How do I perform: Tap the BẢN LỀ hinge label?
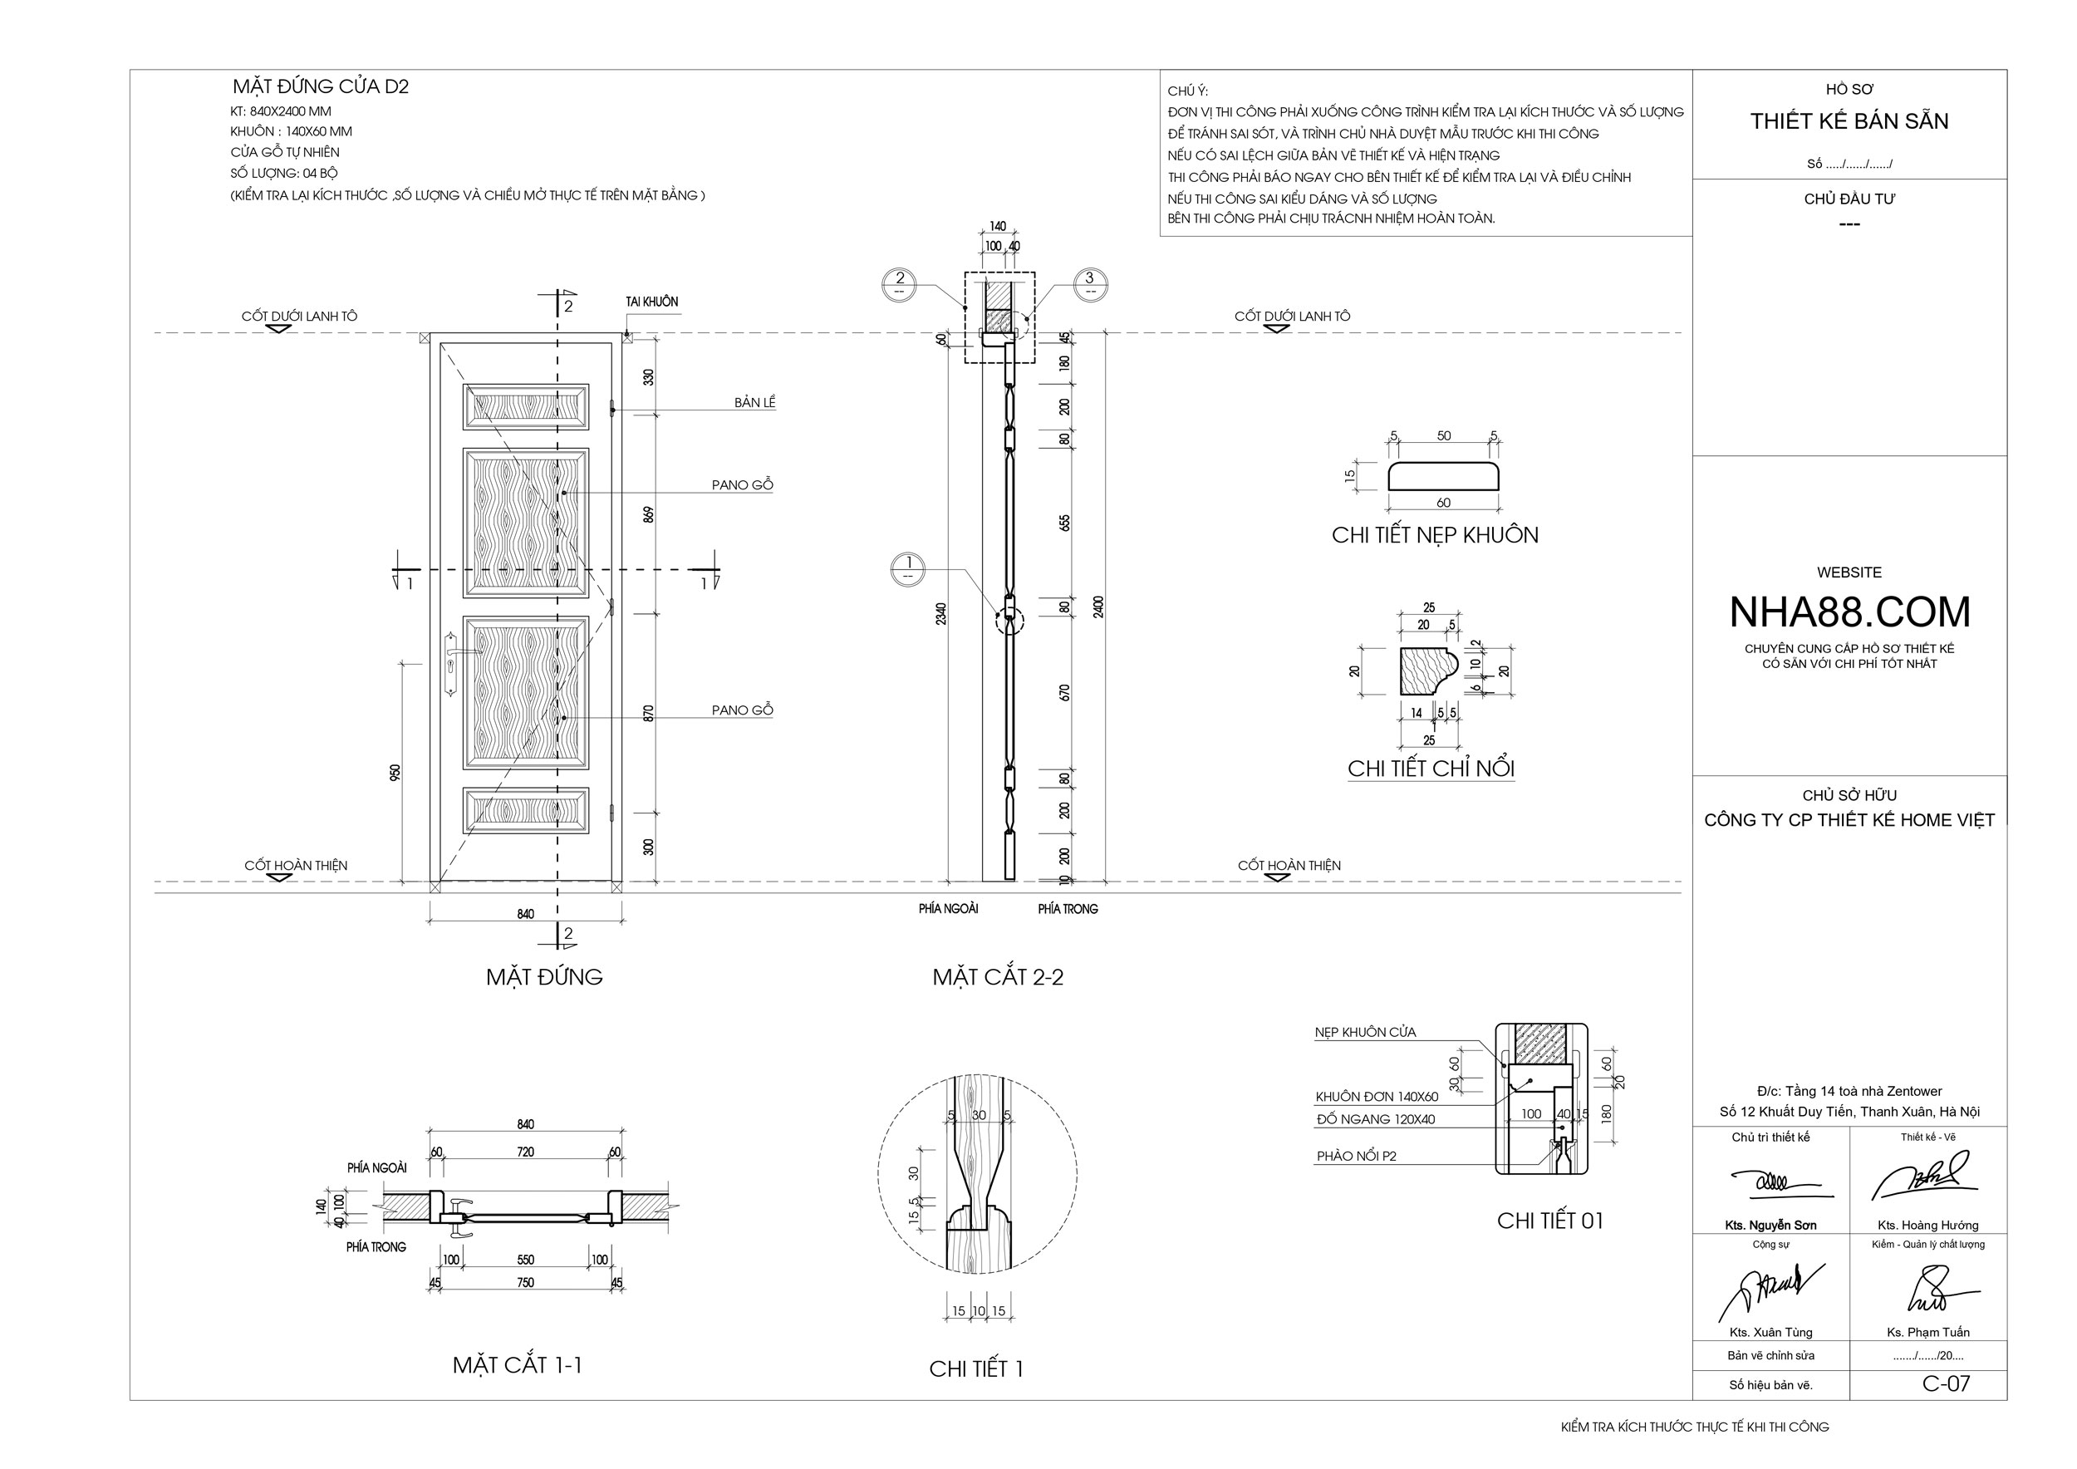[x=754, y=402]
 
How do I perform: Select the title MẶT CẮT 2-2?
[x=998, y=977]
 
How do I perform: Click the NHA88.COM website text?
[x=1849, y=612]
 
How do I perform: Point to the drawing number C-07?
[x=1946, y=1383]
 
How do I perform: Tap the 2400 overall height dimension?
[x=1099, y=606]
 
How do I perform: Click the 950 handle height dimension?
[x=395, y=773]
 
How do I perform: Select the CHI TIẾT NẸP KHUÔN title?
[x=1435, y=534]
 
